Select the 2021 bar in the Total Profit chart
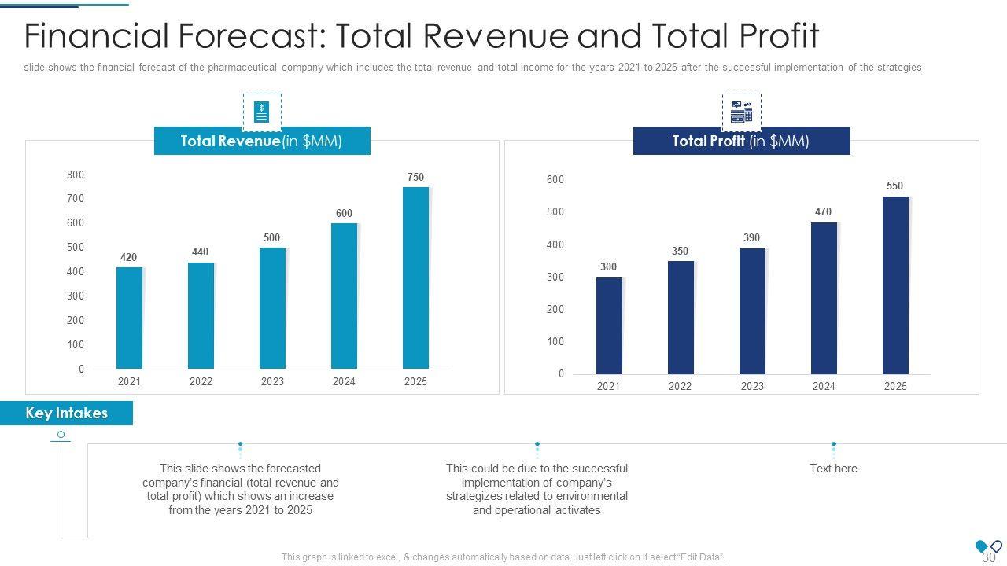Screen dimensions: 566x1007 [x=609, y=325]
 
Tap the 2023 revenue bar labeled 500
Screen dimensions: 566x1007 [x=272, y=308]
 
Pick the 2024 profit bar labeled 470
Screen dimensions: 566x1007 [x=824, y=298]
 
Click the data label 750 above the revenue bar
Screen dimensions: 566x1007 [x=415, y=178]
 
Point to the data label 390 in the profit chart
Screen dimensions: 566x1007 [x=751, y=238]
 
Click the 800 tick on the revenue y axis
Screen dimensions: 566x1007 [x=76, y=175]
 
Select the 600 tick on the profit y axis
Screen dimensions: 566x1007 [x=555, y=180]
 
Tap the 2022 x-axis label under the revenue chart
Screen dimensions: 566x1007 [x=201, y=382]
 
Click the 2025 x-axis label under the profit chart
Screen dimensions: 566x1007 [x=895, y=386]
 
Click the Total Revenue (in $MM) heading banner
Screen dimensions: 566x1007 [x=262, y=141]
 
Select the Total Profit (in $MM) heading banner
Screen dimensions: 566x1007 [x=741, y=141]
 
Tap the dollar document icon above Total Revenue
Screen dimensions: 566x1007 [x=262, y=112]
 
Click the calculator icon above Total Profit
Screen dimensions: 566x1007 [x=741, y=112]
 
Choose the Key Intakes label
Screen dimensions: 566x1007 [x=67, y=413]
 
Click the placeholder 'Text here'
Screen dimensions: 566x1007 [x=833, y=469]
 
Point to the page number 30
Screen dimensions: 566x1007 [x=989, y=557]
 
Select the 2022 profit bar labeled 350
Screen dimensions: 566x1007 [x=681, y=318]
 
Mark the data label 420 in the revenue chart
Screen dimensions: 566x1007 [x=129, y=258]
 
